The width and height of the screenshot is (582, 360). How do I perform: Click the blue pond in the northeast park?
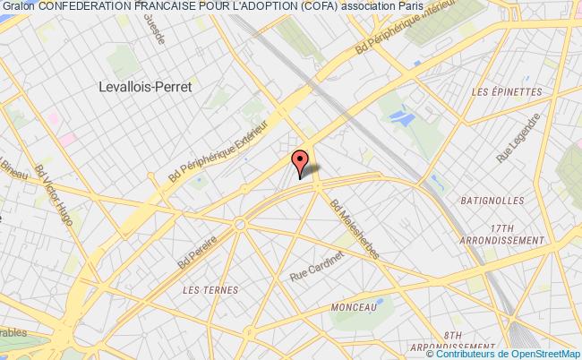coord(401,116)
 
